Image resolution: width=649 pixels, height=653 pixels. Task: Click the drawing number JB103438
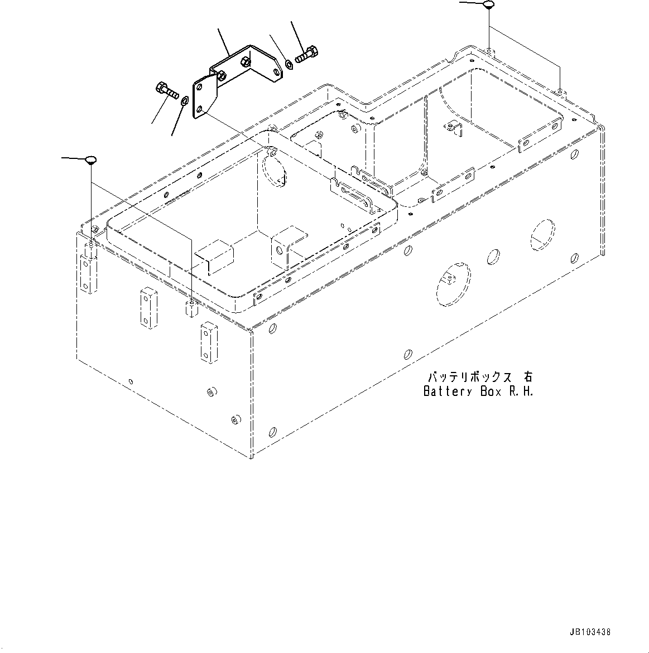tap(590, 632)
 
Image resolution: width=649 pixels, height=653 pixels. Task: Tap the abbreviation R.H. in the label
tap(520, 391)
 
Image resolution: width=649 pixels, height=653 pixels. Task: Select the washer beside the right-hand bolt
tap(289, 65)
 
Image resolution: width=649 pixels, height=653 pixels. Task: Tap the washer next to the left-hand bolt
tap(184, 100)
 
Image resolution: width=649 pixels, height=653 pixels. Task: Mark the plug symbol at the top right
tap(489, 5)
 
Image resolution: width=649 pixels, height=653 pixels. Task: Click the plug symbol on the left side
tap(90, 161)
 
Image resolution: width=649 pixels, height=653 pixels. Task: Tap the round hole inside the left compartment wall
tap(274, 171)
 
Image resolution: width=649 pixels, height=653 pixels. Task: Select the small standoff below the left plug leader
tap(191, 308)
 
